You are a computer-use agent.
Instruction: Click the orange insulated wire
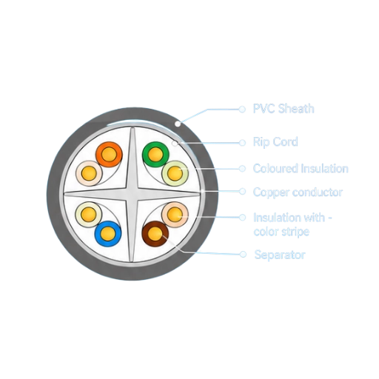[x=109, y=155]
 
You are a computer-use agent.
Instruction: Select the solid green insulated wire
[x=155, y=155]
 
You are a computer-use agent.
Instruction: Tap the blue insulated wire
[x=108, y=234]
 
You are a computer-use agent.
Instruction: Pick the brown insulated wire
[x=155, y=234]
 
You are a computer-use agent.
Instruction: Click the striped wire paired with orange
[x=89, y=173]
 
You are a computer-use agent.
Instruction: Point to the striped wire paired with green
[x=175, y=173]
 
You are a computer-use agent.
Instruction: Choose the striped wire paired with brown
[x=175, y=215]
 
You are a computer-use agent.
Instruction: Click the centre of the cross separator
[x=132, y=195]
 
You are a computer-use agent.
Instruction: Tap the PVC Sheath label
[x=284, y=109]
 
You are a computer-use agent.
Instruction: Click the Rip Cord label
[x=275, y=142]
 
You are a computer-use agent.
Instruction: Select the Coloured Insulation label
[x=301, y=169]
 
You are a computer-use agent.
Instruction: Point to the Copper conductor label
[x=298, y=192]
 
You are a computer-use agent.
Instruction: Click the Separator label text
[x=280, y=255]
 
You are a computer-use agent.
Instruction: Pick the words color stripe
[x=281, y=232]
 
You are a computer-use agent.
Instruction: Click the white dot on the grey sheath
[x=178, y=124]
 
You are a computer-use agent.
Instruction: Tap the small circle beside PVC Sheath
[x=242, y=109]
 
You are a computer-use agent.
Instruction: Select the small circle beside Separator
[x=243, y=254]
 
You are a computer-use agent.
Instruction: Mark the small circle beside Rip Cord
[x=242, y=143]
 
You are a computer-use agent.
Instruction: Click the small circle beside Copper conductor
[x=242, y=191]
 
